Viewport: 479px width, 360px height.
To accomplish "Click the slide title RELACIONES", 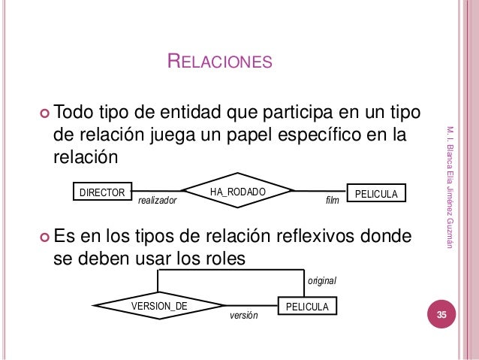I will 218,61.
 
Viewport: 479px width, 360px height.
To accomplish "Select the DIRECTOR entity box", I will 102,193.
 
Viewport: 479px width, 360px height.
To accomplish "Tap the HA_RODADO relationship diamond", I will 238,192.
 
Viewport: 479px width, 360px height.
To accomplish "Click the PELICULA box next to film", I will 375,193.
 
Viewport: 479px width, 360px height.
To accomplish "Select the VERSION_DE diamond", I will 159,306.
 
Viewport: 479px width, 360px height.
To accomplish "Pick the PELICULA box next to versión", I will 308,307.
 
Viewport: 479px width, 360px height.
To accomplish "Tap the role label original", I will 322,280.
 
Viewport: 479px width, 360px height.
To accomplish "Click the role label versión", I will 243,316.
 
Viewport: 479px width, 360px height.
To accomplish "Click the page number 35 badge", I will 442,315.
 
